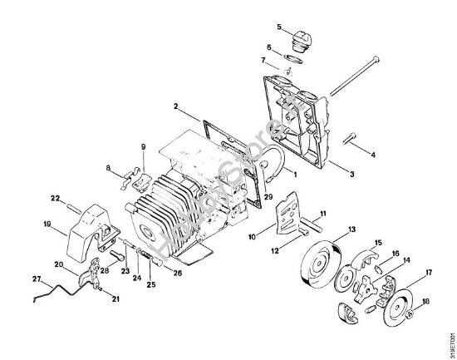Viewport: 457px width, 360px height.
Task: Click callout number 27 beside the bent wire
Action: tap(36, 278)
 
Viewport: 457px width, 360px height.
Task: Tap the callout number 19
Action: tap(47, 223)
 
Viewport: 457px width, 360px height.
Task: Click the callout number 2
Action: tap(176, 106)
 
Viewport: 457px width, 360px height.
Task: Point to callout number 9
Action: tap(142, 146)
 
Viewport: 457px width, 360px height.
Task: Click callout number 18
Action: tap(427, 302)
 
